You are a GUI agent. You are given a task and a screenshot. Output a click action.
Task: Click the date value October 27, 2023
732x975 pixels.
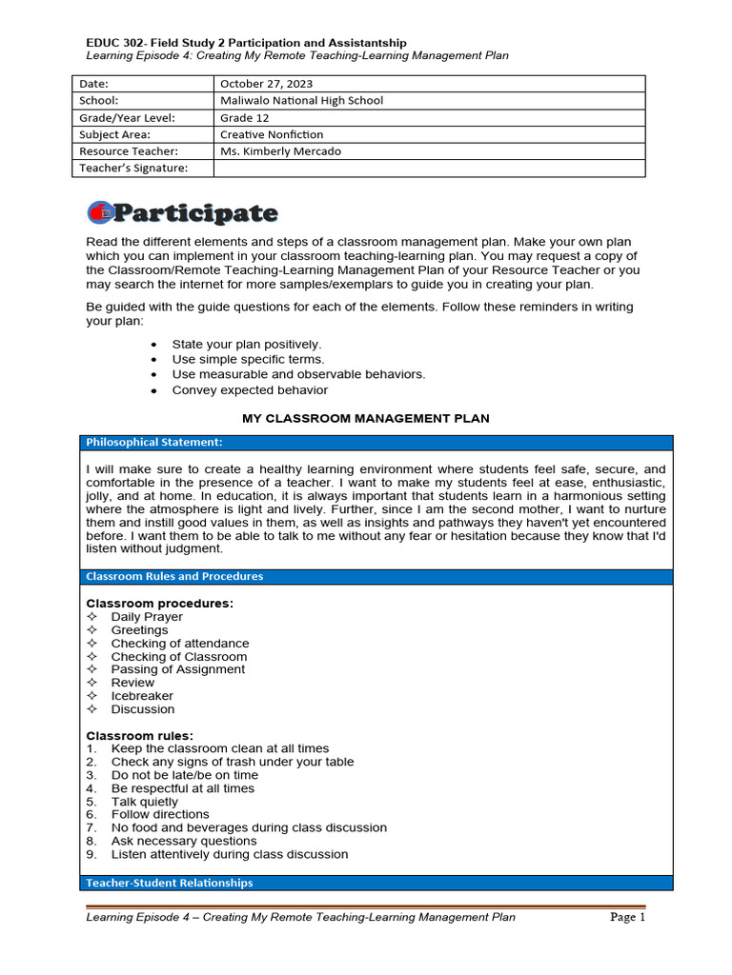point(266,84)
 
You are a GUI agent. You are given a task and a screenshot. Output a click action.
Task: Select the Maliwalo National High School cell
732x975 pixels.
point(301,100)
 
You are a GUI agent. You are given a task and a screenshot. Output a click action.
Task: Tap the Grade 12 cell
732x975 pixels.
point(244,117)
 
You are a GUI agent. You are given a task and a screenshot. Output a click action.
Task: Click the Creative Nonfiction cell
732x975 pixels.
point(272,134)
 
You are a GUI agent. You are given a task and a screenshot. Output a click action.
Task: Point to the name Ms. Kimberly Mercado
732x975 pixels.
point(280,151)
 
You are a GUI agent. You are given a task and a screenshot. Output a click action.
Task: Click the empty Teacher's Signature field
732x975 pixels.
point(429,169)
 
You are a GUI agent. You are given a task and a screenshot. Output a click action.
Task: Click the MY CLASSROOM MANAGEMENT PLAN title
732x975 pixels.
point(366,419)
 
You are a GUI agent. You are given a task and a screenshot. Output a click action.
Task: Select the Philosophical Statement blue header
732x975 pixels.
point(153,442)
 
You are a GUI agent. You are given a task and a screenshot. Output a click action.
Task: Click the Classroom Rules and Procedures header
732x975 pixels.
point(174,576)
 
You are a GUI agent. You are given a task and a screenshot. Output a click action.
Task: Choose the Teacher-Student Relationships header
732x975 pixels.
point(169,883)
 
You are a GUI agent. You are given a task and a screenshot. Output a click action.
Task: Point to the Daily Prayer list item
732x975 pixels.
point(146,617)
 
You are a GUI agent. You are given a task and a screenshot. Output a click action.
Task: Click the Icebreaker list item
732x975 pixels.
point(142,696)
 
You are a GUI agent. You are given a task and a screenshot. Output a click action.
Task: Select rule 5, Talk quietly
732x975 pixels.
point(144,802)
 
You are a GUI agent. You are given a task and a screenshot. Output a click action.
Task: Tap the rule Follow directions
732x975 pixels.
point(159,814)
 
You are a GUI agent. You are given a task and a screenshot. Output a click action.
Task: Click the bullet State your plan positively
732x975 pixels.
point(246,344)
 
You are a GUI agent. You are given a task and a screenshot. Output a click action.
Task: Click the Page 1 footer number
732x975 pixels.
point(628,918)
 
